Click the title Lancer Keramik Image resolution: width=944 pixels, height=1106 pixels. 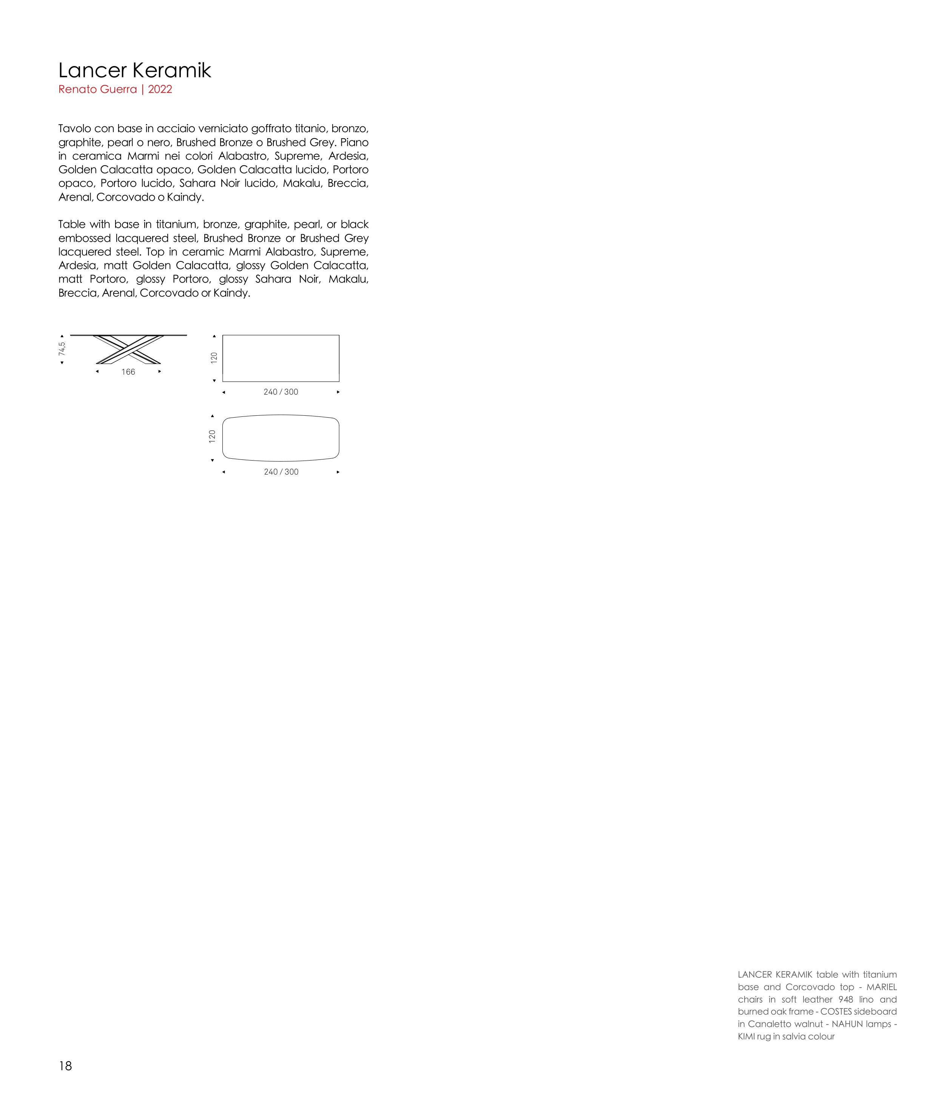click(135, 71)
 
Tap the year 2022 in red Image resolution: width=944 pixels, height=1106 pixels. click(160, 89)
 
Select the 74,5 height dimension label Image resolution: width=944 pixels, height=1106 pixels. click(62, 349)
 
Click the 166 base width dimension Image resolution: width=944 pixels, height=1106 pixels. click(128, 372)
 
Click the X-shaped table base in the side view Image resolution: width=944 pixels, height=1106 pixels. click(128, 350)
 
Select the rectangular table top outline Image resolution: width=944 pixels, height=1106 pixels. click(281, 358)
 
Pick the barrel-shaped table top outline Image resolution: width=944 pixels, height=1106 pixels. click(281, 438)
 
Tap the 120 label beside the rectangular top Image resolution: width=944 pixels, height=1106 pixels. click(214, 358)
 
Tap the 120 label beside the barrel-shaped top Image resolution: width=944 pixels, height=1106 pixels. click(212, 437)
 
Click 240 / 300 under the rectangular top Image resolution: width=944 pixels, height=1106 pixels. click(281, 392)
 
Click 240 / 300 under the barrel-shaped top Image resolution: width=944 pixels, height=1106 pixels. click(281, 472)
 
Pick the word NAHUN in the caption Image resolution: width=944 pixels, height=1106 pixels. click(847, 1024)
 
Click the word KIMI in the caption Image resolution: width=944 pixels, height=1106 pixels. click(746, 1037)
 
